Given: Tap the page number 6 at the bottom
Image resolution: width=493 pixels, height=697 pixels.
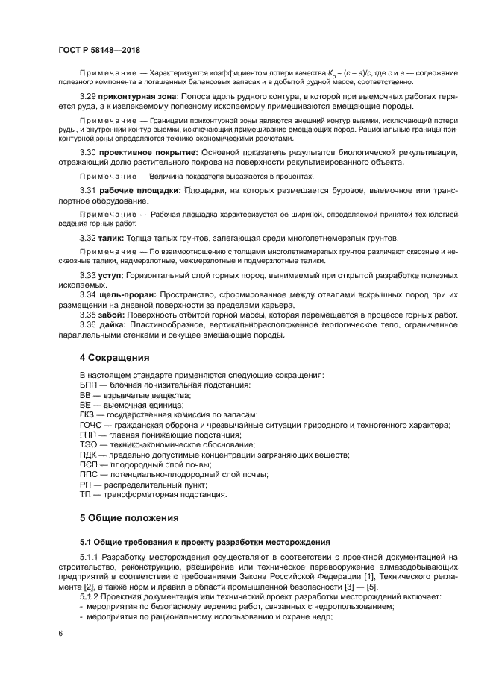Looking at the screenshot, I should [x=60, y=633].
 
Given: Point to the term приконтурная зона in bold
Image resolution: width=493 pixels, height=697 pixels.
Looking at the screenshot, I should [x=138, y=97].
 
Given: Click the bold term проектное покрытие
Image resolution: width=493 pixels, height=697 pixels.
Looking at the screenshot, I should [x=142, y=152].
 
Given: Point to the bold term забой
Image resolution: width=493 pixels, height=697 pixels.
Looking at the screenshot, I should [x=111, y=315].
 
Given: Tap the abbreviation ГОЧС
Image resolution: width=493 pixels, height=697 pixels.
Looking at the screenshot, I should [x=90, y=425].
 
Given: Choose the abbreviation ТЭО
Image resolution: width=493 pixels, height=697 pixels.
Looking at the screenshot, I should [x=88, y=445].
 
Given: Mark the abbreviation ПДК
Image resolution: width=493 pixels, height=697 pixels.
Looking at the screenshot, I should [x=88, y=455].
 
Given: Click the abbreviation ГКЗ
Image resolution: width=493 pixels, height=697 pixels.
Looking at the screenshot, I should [x=88, y=414].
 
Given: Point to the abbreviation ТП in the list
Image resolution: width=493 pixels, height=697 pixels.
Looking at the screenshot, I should [x=85, y=494].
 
